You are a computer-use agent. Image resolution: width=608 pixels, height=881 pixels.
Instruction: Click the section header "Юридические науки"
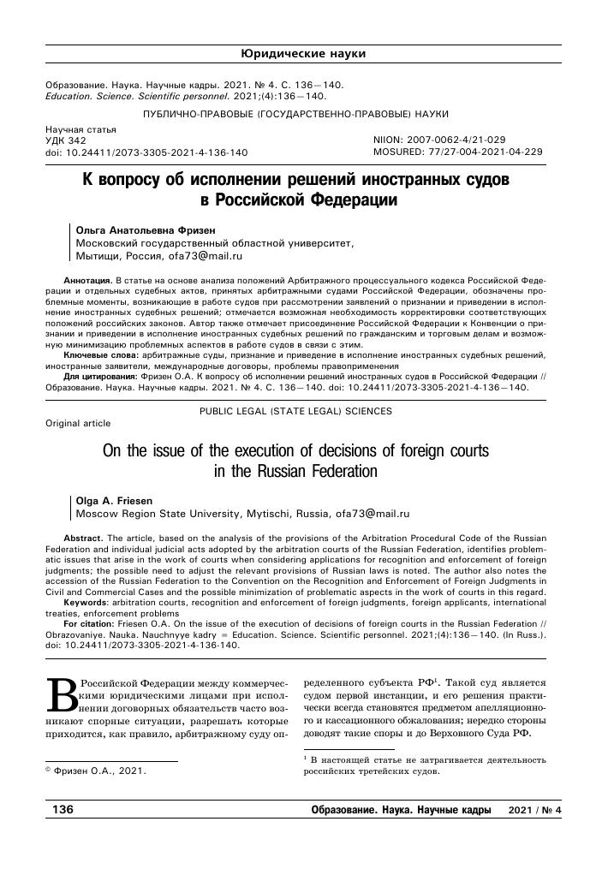tap(304, 54)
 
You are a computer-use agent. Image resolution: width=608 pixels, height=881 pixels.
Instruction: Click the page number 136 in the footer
tap(64, 810)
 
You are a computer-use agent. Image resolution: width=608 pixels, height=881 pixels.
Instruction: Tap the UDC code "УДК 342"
tap(65, 140)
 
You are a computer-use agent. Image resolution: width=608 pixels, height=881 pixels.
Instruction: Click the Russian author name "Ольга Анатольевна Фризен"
tap(138, 229)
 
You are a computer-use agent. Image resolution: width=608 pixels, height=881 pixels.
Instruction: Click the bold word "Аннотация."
tap(88, 280)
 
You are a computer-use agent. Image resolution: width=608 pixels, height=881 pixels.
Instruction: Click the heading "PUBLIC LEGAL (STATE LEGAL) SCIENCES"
tap(295, 411)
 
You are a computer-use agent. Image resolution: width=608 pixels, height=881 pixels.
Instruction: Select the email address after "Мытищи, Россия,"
tap(201, 255)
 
